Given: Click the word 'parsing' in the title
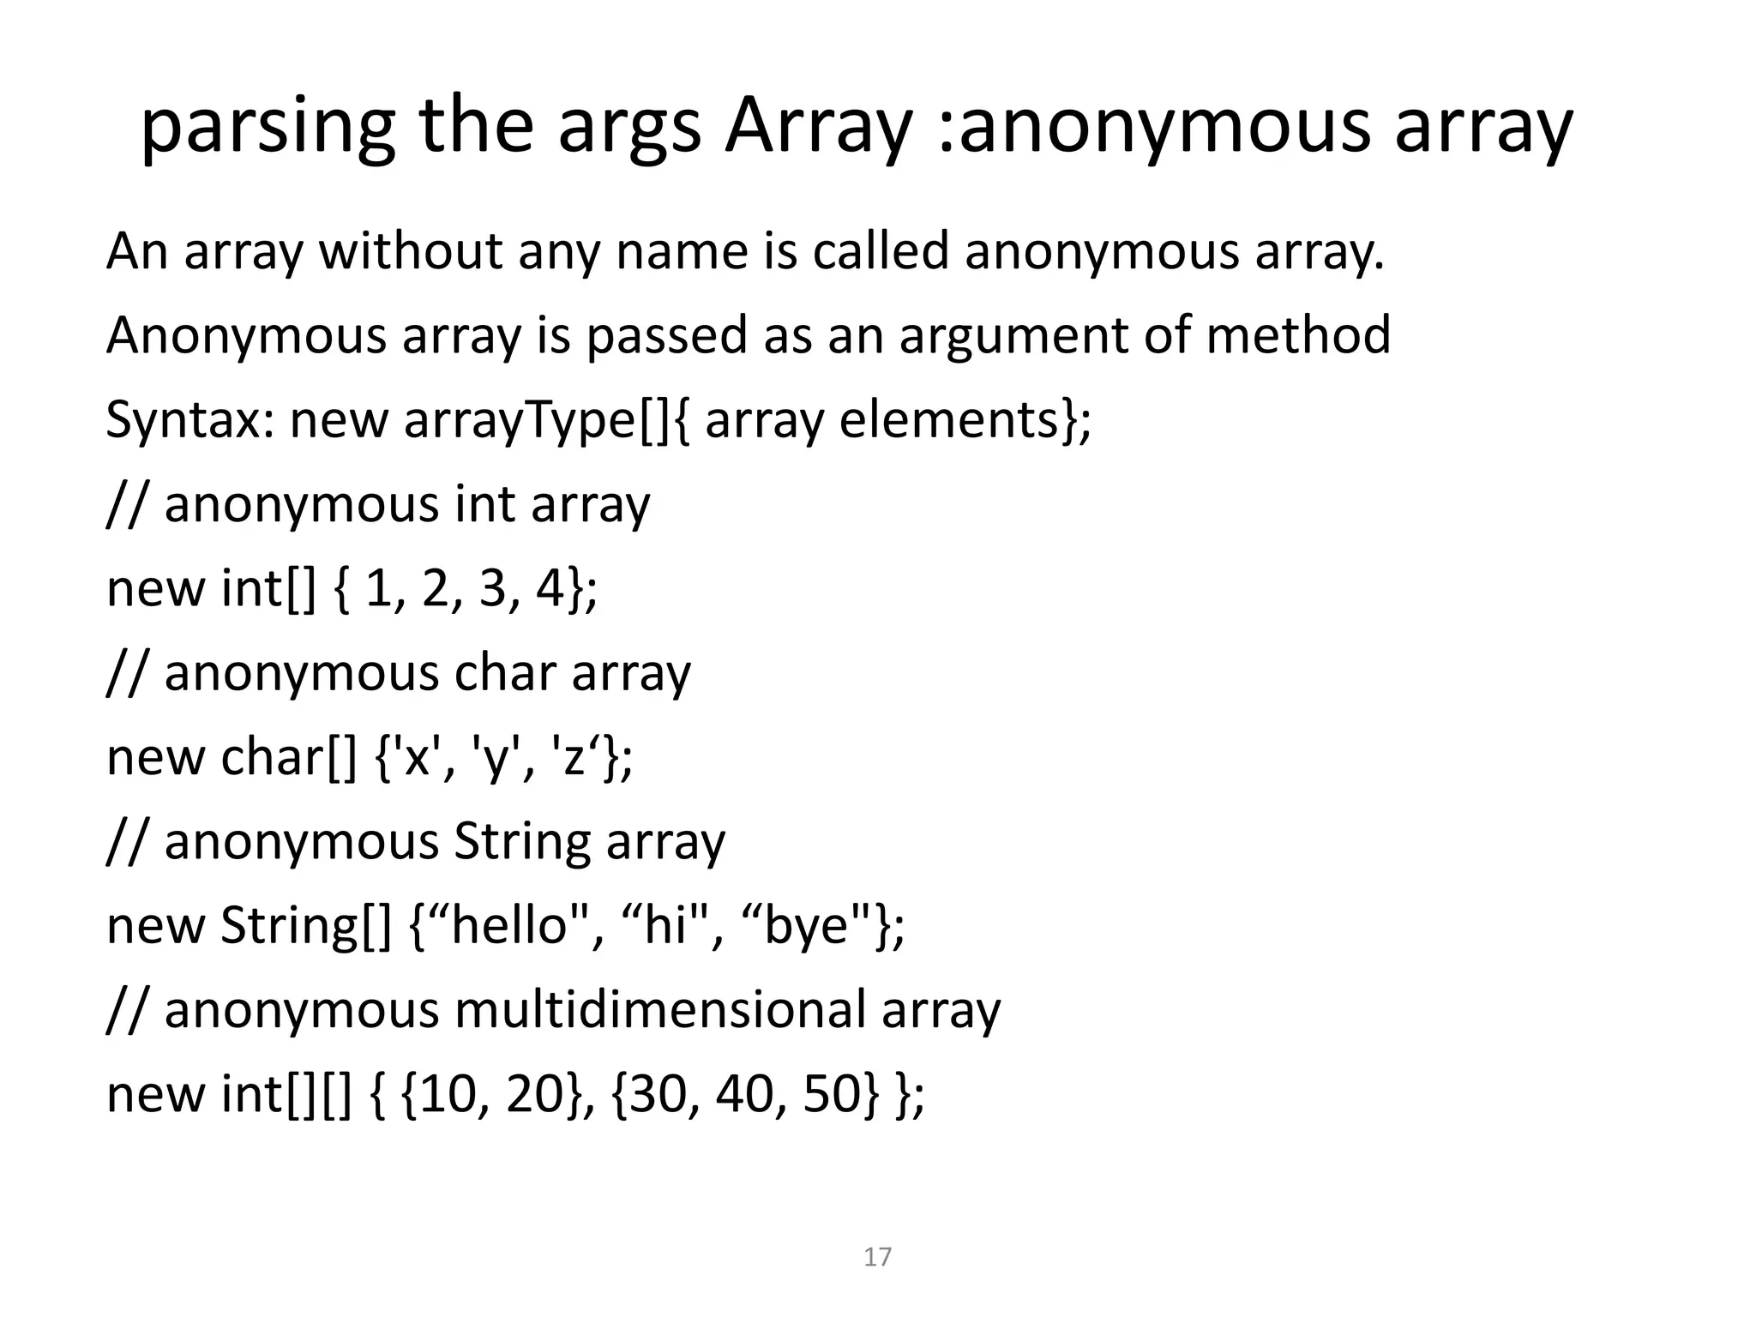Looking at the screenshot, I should pyautogui.click(x=267, y=127).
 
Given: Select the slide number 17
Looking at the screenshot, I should pyautogui.click(x=877, y=1257).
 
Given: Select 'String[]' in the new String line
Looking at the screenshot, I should pyautogui.click(x=305, y=926).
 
